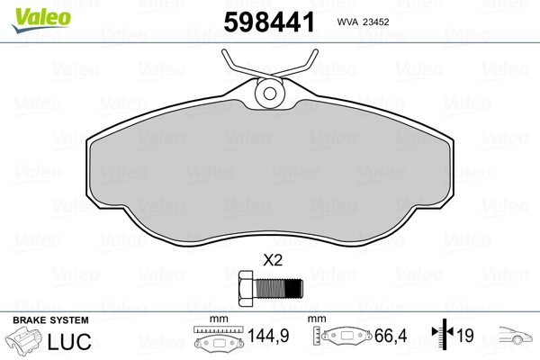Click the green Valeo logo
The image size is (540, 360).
tap(41, 19)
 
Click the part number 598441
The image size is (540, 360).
tap(269, 22)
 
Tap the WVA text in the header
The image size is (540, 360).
tap(347, 22)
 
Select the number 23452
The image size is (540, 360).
tap(376, 22)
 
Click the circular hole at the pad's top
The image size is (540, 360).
tap(270, 93)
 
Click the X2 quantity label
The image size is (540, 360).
tap(273, 260)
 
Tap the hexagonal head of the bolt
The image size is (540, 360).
tap(246, 289)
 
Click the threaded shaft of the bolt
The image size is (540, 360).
tap(277, 289)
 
